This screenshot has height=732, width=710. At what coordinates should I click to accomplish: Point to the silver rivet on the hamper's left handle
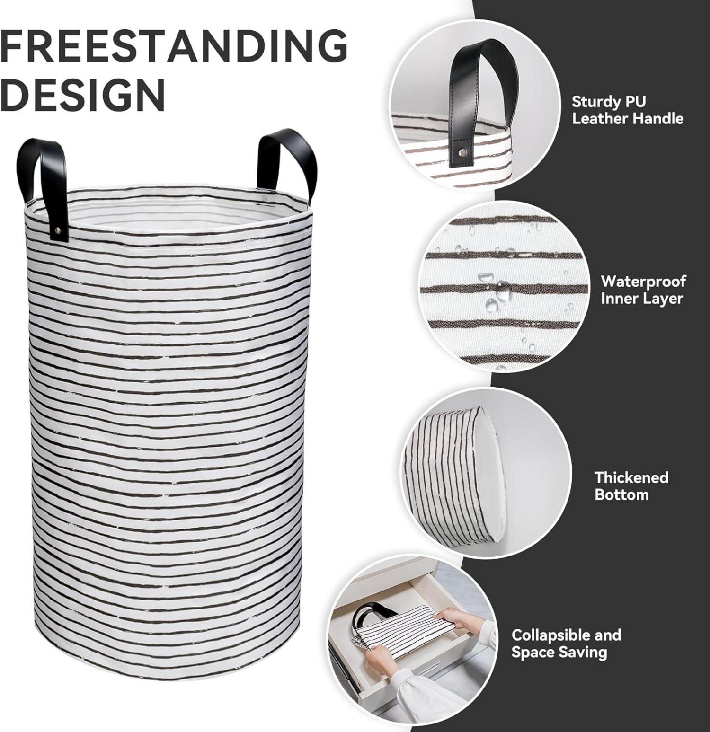[x=58, y=230]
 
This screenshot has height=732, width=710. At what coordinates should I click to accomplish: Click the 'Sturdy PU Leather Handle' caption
[x=628, y=110]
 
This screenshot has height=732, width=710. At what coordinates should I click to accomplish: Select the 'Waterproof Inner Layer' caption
[x=643, y=290]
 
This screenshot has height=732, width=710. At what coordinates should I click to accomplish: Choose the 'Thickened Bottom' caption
[x=631, y=486]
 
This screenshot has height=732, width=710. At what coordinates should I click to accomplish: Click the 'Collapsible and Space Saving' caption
[x=566, y=644]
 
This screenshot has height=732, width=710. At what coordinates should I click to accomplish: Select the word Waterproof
[x=643, y=282]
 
